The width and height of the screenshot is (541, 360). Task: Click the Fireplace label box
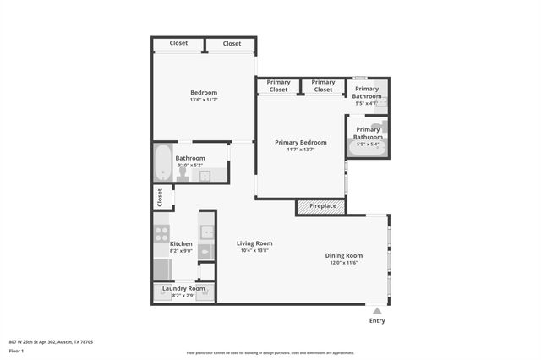click(322, 206)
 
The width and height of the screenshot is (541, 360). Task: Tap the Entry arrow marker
click(377, 311)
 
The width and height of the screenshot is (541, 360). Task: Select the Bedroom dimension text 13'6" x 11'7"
click(204, 101)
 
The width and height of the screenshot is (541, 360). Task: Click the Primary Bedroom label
click(300, 142)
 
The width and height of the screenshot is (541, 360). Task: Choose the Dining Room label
click(344, 255)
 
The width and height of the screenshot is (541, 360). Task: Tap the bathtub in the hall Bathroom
click(162, 164)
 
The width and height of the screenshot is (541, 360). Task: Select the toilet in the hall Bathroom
click(182, 174)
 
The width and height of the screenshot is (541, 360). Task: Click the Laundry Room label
click(183, 289)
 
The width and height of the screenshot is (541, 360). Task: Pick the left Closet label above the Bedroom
click(178, 43)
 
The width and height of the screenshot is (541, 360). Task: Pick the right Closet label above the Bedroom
click(232, 43)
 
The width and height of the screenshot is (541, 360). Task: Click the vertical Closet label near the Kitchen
click(159, 197)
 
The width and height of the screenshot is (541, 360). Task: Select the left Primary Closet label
click(278, 86)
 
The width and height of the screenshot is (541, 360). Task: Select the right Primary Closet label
click(323, 86)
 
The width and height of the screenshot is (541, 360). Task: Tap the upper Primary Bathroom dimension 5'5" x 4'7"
click(367, 103)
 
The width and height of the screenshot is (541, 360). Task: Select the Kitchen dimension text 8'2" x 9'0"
click(181, 251)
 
